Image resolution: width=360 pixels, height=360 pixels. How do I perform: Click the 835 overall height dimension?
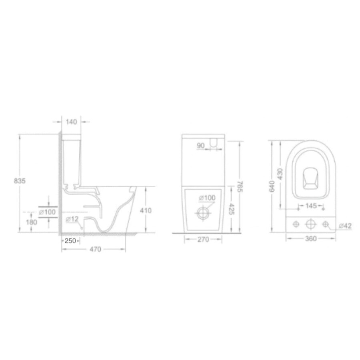(x=20, y=181)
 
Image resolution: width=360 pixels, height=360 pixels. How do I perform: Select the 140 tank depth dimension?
(x=72, y=122)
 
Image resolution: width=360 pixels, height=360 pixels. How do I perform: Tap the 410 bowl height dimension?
(x=146, y=210)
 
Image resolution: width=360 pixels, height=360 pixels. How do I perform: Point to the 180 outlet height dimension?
(x=32, y=222)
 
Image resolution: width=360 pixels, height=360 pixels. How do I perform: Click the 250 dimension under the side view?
(x=70, y=241)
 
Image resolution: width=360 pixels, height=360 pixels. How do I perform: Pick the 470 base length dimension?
(x=95, y=249)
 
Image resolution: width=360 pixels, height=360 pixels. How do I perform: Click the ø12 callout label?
(x=72, y=219)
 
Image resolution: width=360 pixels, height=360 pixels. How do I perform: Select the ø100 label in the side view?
(x=47, y=212)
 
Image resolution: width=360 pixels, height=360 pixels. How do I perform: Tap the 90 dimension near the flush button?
(x=201, y=146)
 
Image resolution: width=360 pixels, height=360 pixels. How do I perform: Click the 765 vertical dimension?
(x=240, y=186)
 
